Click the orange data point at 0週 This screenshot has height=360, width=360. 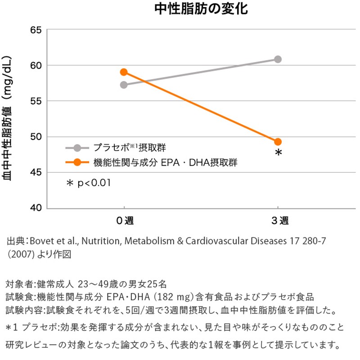124,72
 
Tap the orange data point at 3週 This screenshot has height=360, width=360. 278,142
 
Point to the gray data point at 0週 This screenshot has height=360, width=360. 124,85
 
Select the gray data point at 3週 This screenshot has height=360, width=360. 278,59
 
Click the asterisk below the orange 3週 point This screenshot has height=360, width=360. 279,153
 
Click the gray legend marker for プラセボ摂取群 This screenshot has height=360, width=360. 77,148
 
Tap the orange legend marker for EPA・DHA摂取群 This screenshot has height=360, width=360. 77,162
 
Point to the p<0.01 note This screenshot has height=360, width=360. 89,183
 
